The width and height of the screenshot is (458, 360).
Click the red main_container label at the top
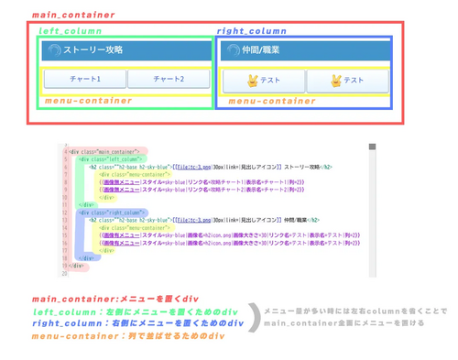(73, 16)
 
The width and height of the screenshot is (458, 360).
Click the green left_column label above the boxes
(70, 31)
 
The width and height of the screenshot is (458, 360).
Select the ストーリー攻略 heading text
(93, 50)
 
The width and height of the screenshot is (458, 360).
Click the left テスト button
(264, 81)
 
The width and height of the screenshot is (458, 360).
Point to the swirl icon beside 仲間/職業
(233, 51)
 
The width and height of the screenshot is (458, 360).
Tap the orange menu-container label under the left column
(87, 101)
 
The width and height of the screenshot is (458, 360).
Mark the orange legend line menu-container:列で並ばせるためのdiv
(128, 336)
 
